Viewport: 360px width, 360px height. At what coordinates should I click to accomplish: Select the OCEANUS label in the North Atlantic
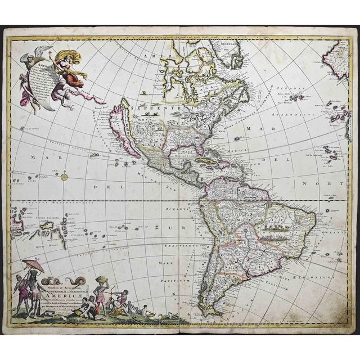[x=298, y=90]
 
